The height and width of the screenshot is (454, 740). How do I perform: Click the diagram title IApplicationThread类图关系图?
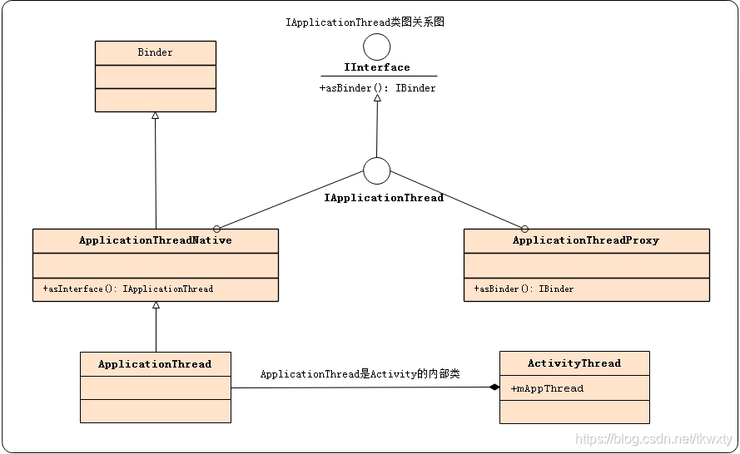(365, 22)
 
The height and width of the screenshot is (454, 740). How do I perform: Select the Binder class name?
(155, 52)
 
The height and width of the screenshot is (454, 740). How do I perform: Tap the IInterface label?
(377, 67)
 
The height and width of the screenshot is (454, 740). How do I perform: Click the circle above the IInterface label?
(377, 46)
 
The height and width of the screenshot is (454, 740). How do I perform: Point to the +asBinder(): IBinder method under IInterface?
(377, 88)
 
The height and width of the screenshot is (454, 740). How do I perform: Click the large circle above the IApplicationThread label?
(377, 170)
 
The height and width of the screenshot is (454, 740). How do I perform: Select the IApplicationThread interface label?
(383, 198)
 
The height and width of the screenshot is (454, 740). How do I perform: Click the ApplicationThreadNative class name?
(155, 240)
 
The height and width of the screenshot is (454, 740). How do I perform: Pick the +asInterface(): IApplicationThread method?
(127, 289)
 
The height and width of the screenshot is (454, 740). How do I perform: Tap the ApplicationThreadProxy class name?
(585, 240)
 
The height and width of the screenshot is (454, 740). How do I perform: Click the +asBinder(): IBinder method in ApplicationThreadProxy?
(524, 289)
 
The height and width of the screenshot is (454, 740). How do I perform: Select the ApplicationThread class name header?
(155, 364)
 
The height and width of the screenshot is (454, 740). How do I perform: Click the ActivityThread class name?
(574, 363)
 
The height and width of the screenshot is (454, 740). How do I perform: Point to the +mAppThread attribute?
(547, 388)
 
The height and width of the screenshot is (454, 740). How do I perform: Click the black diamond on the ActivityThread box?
(494, 387)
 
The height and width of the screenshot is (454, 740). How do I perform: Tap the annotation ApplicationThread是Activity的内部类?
(360, 374)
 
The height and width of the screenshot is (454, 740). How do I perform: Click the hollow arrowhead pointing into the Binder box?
(155, 116)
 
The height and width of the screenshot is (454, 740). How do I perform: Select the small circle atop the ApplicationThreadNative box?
(216, 228)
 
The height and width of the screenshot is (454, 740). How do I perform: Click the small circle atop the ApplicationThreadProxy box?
(524, 228)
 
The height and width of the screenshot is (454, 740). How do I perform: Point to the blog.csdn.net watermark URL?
(653, 439)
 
